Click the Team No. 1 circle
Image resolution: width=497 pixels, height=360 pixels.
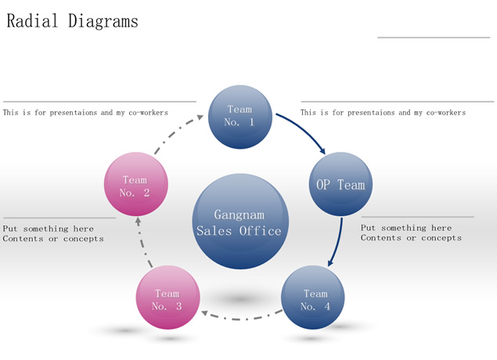click(x=239, y=116)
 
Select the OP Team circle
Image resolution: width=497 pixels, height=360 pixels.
click(x=340, y=185)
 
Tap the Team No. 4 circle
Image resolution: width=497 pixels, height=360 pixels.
click(x=313, y=299)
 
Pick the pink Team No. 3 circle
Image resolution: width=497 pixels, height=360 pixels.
click(x=167, y=299)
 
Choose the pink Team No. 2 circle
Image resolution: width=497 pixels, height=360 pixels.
click(x=135, y=185)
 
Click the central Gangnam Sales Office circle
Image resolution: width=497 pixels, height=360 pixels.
click(x=239, y=221)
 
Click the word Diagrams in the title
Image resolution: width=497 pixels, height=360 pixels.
click(x=103, y=21)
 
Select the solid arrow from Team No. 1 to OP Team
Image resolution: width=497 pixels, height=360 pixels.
click(x=304, y=131)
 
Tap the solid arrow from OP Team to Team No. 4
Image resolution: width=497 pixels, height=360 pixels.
click(x=338, y=243)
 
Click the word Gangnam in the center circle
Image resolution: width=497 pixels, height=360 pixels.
click(x=239, y=214)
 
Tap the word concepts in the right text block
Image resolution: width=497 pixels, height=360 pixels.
click(x=441, y=238)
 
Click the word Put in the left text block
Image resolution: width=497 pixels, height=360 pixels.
click(x=11, y=229)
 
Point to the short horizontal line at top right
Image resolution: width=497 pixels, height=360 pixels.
click(x=433, y=37)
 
